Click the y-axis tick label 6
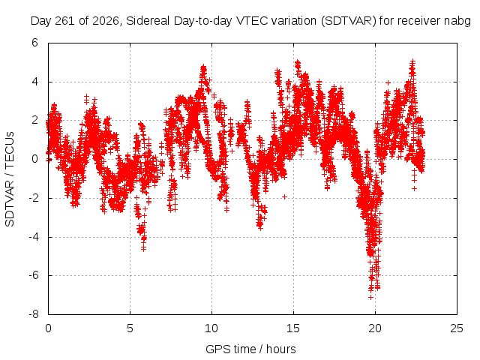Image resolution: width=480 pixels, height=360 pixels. click(x=34, y=43)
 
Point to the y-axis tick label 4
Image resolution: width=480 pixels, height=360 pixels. click(x=34, y=82)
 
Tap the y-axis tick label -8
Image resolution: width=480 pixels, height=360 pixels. click(x=33, y=314)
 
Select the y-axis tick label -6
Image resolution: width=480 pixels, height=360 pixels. click(x=33, y=275)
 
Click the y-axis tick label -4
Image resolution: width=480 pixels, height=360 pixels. click(x=33, y=237)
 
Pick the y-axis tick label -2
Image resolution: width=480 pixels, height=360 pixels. click(x=33, y=198)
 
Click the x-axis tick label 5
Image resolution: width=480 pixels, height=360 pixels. click(x=130, y=328)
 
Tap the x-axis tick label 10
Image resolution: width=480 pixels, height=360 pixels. click(x=211, y=328)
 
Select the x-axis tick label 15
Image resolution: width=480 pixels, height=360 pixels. click(x=293, y=328)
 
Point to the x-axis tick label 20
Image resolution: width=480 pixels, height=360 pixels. click(x=375, y=328)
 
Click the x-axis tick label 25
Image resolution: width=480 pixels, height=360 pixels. click(x=457, y=328)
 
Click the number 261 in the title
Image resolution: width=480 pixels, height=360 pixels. click(x=65, y=21)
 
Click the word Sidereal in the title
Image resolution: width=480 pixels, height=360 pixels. click(x=148, y=21)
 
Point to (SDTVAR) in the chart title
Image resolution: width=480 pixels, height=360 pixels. click(x=348, y=21)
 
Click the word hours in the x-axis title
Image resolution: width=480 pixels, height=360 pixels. click(x=281, y=349)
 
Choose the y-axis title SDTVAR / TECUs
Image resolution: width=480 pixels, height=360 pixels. click(x=10, y=179)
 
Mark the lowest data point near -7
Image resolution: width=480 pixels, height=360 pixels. click(x=370, y=297)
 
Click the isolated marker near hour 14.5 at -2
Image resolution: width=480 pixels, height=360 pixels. click(x=285, y=196)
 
